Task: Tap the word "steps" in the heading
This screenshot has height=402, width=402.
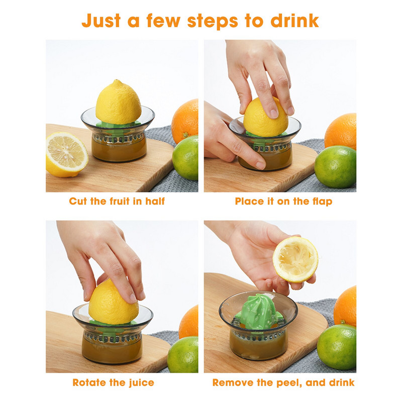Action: pos(213,22)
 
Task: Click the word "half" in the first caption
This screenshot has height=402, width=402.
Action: pos(155,201)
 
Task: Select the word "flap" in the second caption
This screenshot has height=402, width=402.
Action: pos(322,202)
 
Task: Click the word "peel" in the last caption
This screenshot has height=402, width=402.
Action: pos(287,383)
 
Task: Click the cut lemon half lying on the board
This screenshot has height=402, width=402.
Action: pos(66,154)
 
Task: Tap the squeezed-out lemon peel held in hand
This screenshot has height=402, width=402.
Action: pos(295,259)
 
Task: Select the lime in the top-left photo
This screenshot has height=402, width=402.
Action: pos(185,158)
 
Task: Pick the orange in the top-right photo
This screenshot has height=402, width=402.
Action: pos(341,131)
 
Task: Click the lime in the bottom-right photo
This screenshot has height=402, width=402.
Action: pos(337,347)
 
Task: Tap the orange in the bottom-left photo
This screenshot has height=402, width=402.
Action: pos(189,322)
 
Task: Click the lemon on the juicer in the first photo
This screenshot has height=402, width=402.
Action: pos(118,103)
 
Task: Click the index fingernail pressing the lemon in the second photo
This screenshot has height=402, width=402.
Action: pos(273,114)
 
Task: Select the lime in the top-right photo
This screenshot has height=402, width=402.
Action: pos(335,167)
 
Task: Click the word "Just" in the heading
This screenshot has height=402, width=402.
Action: pos(101,21)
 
